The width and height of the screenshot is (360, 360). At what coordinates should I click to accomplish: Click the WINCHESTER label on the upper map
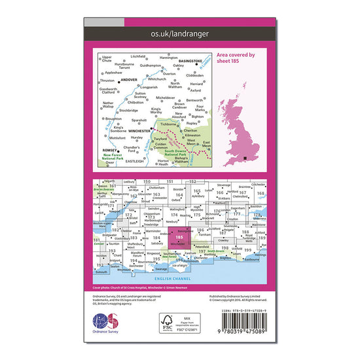point(143,130)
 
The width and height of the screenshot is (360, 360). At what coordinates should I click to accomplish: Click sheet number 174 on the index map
point(174,215)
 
